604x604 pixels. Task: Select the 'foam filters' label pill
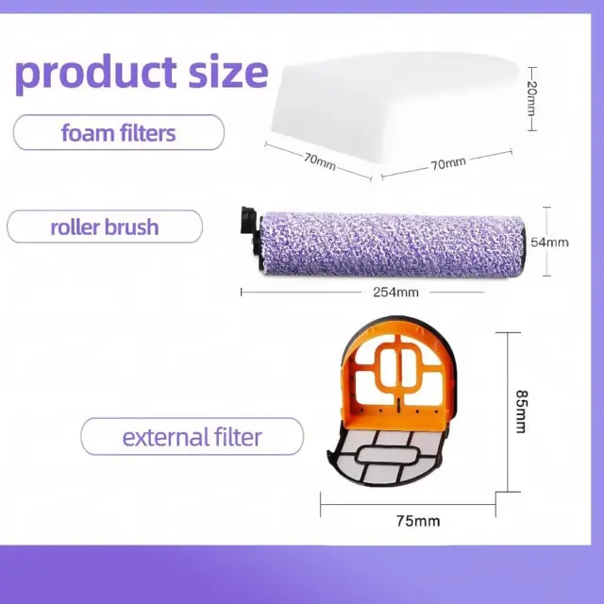pos(119,132)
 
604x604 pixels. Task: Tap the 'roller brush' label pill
pos(105,226)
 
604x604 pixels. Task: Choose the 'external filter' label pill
pos(192,436)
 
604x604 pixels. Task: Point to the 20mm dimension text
pos(531,98)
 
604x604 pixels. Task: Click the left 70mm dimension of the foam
pos(320,161)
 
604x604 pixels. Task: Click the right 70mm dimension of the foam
pos(448,163)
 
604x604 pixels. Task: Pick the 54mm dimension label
pos(549,243)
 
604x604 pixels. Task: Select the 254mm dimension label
pos(395,292)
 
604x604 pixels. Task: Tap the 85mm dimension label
pos(522,411)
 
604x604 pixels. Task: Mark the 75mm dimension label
pos(418,521)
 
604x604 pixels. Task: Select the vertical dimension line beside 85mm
pos(508,411)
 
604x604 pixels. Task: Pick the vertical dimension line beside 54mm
pos(546,242)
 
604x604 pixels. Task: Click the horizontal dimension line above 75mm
pos(408,504)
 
